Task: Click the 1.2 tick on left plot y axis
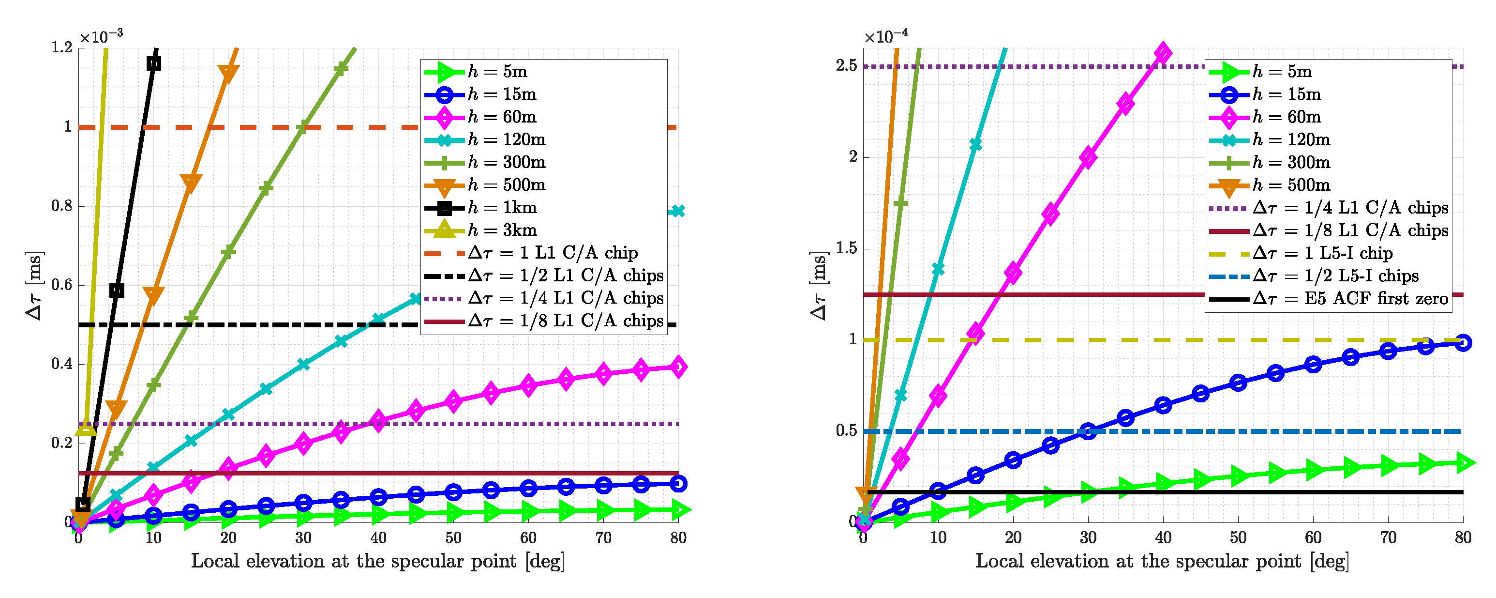click(x=62, y=47)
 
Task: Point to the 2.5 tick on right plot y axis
click(x=847, y=66)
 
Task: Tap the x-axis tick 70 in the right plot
click(x=1388, y=538)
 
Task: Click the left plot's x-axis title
click(x=378, y=561)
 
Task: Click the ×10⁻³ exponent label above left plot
click(x=102, y=37)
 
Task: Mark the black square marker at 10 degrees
click(x=153, y=63)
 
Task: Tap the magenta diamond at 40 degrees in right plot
click(x=1163, y=53)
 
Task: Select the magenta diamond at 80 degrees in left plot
click(x=678, y=367)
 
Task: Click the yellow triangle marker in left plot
click(x=86, y=427)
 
